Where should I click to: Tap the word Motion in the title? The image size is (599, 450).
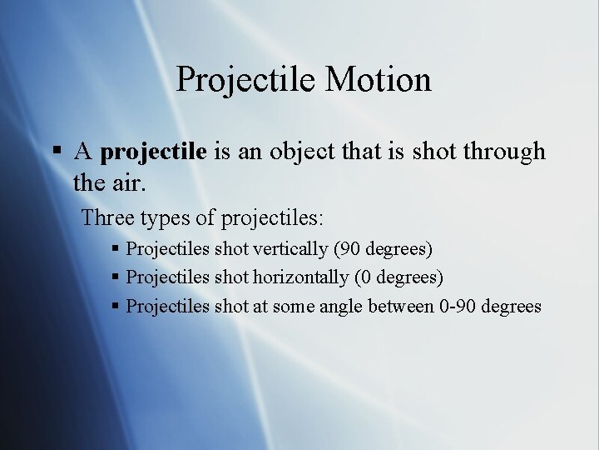click(x=379, y=80)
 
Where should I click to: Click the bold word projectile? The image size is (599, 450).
click(x=153, y=152)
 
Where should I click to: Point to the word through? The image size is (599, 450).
click(x=504, y=152)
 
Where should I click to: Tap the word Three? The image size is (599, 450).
click(x=107, y=218)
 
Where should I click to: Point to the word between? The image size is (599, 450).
click(x=402, y=306)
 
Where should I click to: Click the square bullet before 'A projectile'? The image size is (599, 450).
click(x=57, y=152)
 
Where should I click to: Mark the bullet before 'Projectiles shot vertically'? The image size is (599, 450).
click(x=116, y=249)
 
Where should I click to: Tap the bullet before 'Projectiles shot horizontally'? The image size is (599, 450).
click(x=116, y=277)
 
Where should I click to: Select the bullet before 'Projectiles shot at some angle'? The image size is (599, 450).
click(x=116, y=306)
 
